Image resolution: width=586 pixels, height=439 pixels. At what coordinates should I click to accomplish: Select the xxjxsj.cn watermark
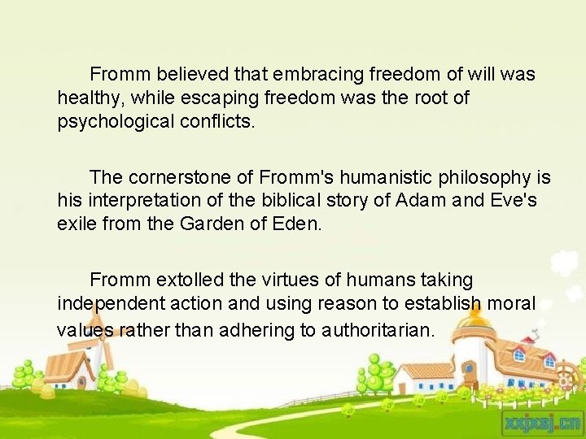[x=543, y=422]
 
